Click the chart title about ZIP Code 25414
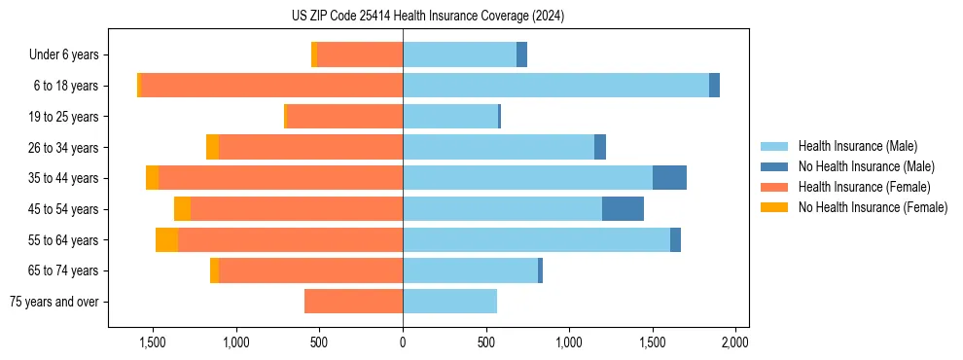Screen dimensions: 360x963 pyautogui.click(x=427, y=17)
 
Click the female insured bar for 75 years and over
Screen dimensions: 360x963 pyautogui.click(x=353, y=302)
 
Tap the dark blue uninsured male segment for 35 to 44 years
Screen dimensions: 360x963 pyautogui.click(x=669, y=178)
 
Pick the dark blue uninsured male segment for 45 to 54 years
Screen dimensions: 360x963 pyautogui.click(x=623, y=209)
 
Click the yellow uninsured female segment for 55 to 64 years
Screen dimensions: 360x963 pyautogui.click(x=166, y=240)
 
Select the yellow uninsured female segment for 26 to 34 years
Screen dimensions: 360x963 pyautogui.click(x=212, y=147)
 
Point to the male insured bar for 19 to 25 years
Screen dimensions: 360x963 pyautogui.click(x=450, y=117)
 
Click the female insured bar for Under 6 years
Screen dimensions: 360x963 pyautogui.click(x=360, y=54)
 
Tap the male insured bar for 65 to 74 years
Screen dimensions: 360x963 pyautogui.click(x=470, y=270)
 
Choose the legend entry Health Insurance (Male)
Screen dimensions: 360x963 pyautogui.click(x=857, y=146)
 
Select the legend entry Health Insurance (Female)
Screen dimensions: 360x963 pyautogui.click(x=864, y=187)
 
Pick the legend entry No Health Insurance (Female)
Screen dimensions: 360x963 pyautogui.click(x=873, y=207)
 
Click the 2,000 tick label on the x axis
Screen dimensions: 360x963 pyautogui.click(x=735, y=342)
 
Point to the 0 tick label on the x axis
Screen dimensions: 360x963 pyautogui.click(x=403, y=342)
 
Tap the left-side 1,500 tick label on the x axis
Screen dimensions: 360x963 pyautogui.click(x=153, y=342)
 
